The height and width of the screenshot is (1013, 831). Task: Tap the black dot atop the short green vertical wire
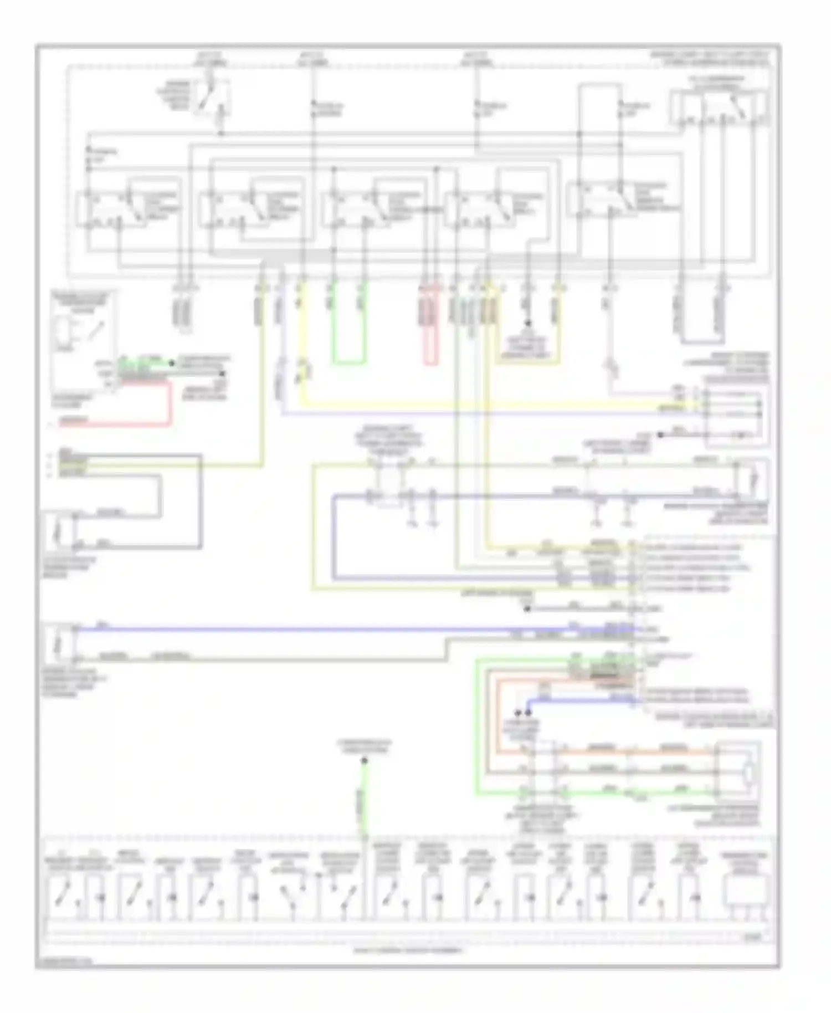pos(365,761)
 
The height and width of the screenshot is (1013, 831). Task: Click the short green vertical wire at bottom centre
pos(365,798)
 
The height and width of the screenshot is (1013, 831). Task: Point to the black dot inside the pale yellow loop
pos(528,323)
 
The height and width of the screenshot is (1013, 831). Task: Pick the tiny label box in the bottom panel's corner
pos(753,938)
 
